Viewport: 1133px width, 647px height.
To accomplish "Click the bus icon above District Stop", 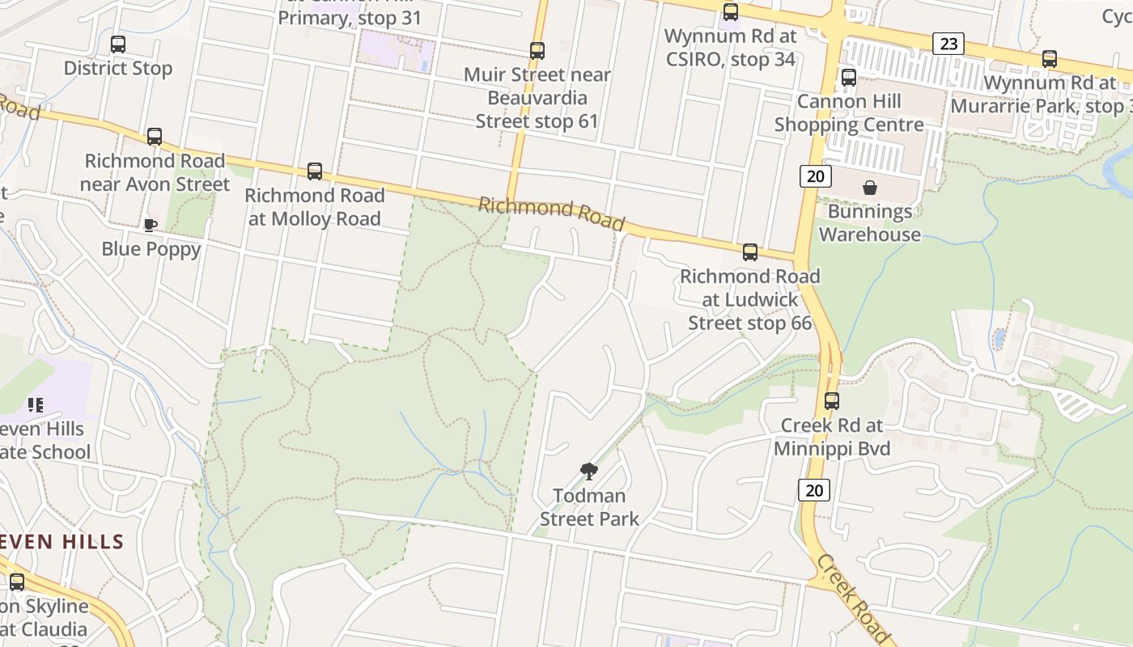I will tap(118, 44).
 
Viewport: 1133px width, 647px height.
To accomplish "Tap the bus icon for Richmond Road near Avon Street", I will tap(155, 137).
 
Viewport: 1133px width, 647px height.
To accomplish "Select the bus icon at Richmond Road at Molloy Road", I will tap(315, 171).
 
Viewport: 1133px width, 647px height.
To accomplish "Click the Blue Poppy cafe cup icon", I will tap(150, 225).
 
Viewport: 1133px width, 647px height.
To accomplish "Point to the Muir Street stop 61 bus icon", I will tap(537, 51).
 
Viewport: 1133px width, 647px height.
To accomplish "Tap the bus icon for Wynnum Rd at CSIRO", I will tap(731, 12).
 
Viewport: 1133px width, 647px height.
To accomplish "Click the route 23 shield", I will tap(948, 43).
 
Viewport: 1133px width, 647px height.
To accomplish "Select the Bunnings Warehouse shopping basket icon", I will tap(870, 188).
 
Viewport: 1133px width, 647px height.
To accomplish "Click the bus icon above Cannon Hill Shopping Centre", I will tap(849, 78).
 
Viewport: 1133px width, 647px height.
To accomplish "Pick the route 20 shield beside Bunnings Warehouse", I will tap(815, 175).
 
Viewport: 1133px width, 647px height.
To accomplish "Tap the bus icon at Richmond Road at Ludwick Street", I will tap(750, 252).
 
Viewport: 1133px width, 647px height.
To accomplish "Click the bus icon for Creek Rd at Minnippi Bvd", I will tap(832, 400).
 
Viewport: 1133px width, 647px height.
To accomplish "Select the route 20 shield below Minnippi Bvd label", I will tap(814, 489).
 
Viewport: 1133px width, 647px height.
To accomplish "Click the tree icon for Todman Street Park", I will tap(589, 471).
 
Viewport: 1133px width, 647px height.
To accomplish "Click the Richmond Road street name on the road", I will tap(551, 213).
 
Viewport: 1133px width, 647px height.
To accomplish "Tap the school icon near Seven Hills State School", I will tap(35, 404).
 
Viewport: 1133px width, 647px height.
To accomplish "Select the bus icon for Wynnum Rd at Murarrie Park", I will tap(1050, 58).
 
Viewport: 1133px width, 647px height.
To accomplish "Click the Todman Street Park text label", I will tap(589, 507).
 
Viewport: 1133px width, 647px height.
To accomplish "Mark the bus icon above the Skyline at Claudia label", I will tap(17, 581).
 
